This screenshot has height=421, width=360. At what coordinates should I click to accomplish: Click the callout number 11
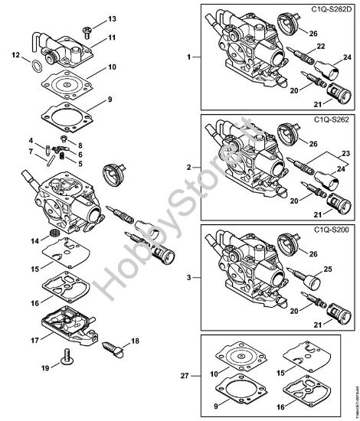(113, 38)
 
